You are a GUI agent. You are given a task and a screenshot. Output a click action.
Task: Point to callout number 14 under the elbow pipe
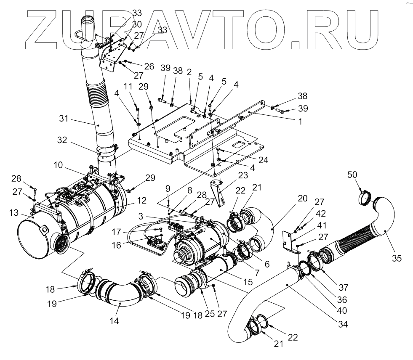(114, 320)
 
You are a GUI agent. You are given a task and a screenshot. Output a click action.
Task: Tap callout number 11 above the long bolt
(128, 87)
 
